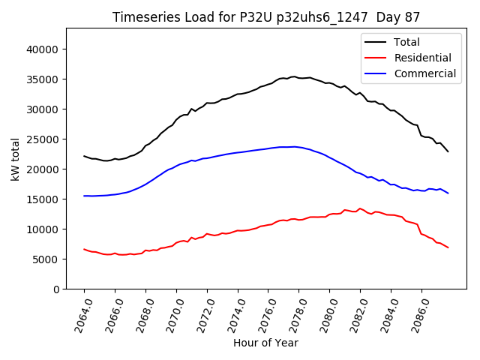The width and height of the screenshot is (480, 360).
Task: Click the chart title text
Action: [266, 16]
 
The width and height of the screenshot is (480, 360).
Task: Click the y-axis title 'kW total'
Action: [15, 158]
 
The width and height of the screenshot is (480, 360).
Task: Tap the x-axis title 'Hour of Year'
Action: [266, 343]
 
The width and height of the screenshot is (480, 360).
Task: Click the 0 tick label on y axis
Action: [55, 289]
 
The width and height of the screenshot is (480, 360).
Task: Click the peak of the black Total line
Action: [293, 76]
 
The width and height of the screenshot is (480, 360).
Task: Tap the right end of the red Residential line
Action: [448, 247]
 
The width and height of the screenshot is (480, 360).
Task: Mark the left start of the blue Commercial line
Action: [84, 196]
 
